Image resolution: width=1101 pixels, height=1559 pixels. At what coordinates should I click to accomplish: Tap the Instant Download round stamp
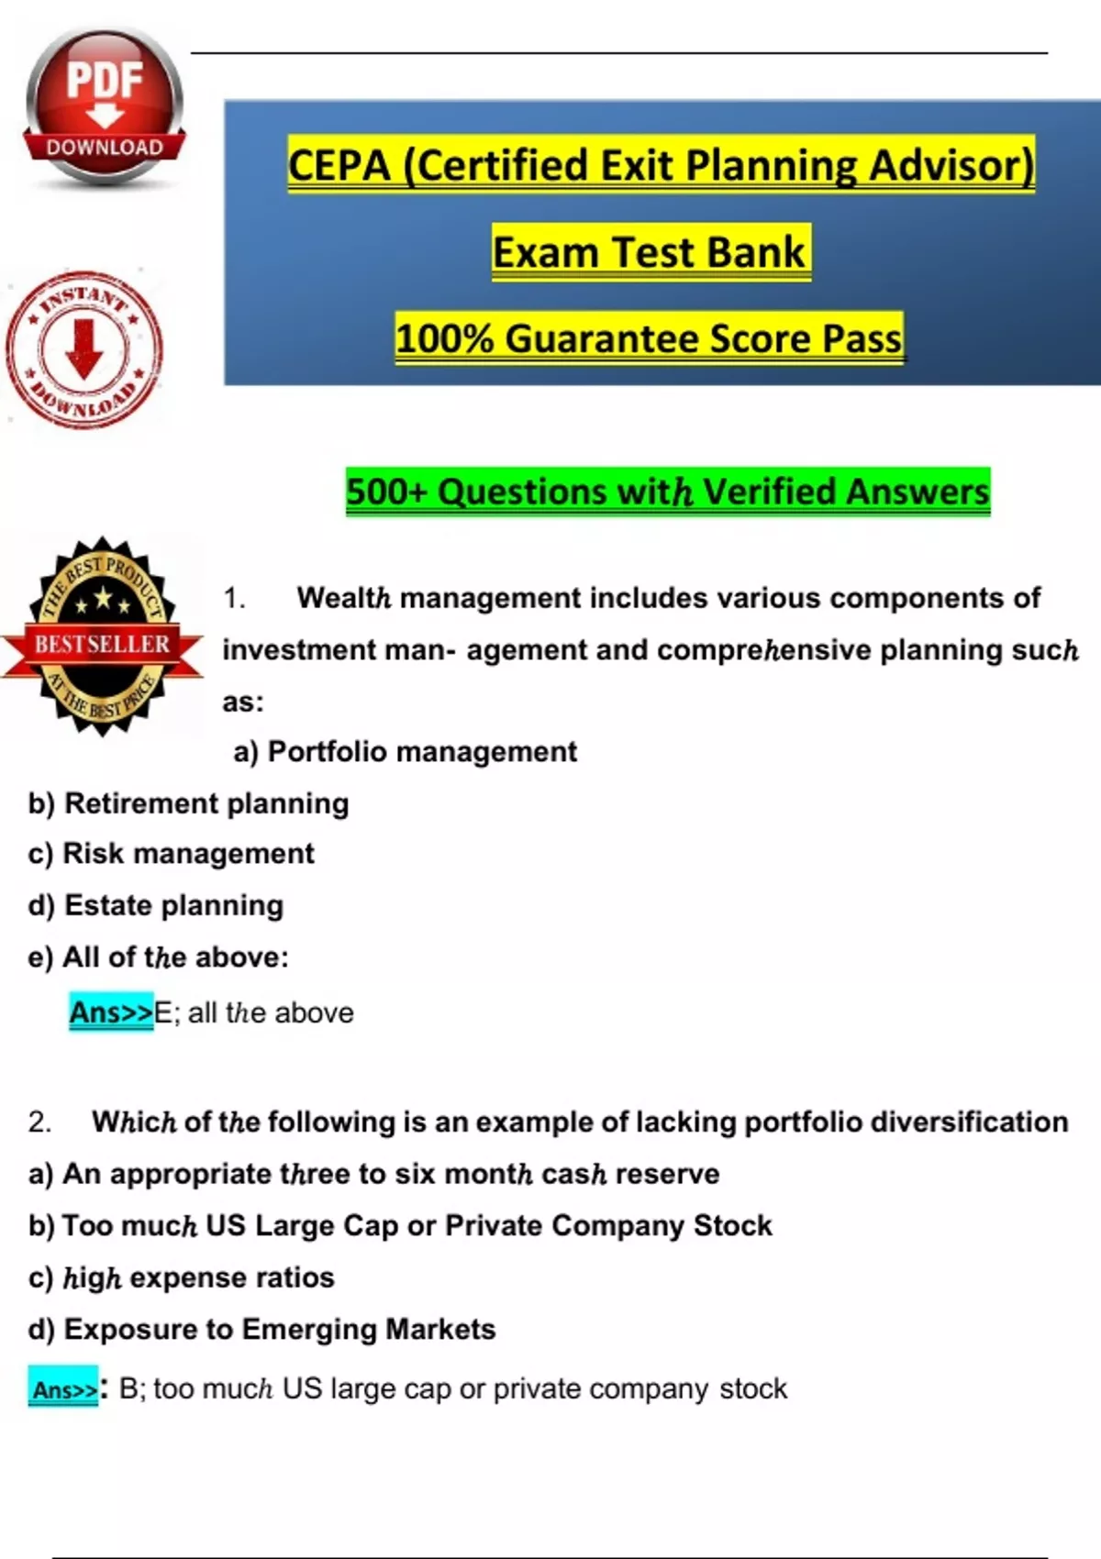[84, 349]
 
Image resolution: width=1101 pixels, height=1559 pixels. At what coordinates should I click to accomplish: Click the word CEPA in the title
[339, 166]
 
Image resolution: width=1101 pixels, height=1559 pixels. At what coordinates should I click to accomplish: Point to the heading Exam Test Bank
[651, 252]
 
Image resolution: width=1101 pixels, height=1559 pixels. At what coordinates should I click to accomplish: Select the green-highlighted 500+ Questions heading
[667, 492]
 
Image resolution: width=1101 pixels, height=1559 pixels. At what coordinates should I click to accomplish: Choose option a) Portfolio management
[405, 752]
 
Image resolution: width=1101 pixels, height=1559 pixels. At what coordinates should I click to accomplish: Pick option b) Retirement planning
[188, 803]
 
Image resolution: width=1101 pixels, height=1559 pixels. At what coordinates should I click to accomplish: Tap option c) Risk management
[171, 854]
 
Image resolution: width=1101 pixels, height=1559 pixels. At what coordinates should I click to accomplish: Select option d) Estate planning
[155, 905]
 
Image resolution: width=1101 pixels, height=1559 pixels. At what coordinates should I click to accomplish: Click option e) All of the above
[158, 957]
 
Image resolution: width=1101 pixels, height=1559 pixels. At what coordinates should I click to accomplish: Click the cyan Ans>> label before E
[111, 1012]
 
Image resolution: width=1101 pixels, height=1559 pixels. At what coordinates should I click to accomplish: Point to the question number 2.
[39, 1122]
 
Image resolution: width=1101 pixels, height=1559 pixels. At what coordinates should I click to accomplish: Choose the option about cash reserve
[373, 1174]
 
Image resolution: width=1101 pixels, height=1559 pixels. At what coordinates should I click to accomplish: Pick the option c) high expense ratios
[181, 1277]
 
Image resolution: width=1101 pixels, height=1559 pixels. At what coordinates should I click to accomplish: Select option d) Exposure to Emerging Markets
[261, 1330]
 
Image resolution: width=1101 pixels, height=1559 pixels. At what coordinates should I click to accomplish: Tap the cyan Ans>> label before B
[63, 1389]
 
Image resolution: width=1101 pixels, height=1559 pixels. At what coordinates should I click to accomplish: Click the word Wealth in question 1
[344, 598]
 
